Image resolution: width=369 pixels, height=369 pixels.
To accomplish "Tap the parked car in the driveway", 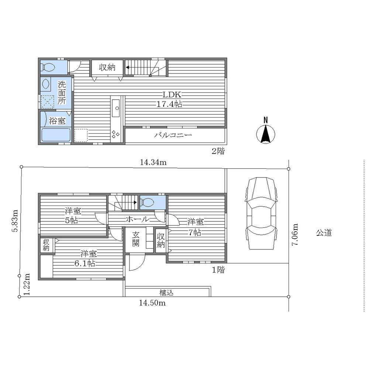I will tap(261, 213).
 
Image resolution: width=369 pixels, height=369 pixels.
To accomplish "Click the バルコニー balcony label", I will tap(173, 135).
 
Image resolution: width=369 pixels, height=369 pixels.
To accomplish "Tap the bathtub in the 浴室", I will tap(56, 135).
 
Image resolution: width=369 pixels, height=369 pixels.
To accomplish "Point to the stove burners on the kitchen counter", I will tap(115, 134).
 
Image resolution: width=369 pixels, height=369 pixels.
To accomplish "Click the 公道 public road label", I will tap(324, 233).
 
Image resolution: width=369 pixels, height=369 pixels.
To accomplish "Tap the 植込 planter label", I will tap(166, 293).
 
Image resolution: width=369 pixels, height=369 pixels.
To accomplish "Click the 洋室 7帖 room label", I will tap(195, 227).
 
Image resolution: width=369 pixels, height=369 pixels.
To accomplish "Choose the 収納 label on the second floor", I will tap(107, 68).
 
